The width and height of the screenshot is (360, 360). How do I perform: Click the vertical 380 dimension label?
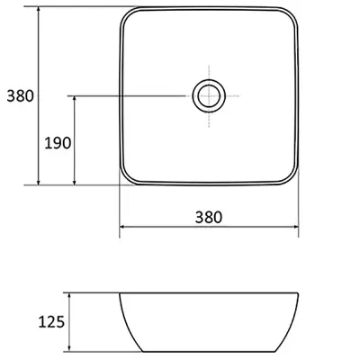pyautogui.click(x=21, y=96)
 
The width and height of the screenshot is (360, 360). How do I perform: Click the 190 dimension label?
pyautogui.click(x=58, y=143)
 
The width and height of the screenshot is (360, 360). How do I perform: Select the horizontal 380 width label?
pyautogui.click(x=209, y=217)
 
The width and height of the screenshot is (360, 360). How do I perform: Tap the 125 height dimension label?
pyautogui.click(x=51, y=322)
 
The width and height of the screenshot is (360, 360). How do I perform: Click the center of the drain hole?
pyautogui.click(x=209, y=96)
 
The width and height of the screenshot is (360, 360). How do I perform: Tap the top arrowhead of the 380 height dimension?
pyautogui.click(x=38, y=9)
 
